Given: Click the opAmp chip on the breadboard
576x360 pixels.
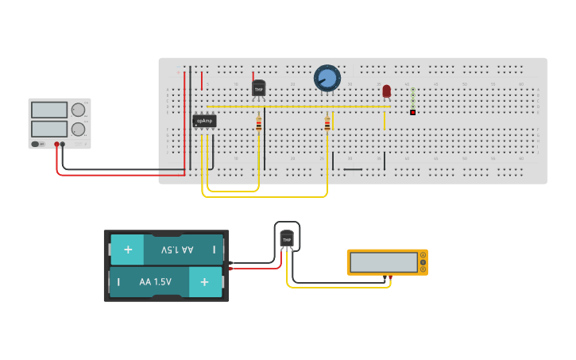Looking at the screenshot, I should [x=204, y=121].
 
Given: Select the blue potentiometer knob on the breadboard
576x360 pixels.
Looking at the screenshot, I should [x=327, y=78].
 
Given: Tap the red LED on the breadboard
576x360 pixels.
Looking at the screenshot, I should [x=387, y=91].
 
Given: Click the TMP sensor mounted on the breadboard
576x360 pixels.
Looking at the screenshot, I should [x=258, y=88].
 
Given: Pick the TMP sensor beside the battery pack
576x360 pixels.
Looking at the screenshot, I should [x=287, y=238].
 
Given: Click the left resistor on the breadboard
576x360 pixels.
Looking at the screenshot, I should [x=258, y=122].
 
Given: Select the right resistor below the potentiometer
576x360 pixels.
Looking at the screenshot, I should [x=327, y=123].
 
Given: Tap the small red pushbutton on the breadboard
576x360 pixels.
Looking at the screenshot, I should [x=413, y=112].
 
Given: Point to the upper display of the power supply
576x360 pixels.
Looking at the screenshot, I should [x=49, y=110].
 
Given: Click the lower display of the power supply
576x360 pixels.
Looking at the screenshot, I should [x=49, y=128].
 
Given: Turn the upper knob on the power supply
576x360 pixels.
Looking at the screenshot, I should [x=78, y=110].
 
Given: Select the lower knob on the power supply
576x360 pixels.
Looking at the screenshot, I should [x=78, y=129].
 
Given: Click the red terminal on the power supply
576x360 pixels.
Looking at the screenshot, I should [x=56, y=144].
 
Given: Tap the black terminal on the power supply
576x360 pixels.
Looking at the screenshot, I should [x=63, y=144].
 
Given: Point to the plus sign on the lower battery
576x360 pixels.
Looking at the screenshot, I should [x=205, y=281].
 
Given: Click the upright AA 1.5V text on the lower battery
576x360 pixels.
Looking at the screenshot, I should [x=155, y=281].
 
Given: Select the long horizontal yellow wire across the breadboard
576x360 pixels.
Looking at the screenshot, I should [x=299, y=106].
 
